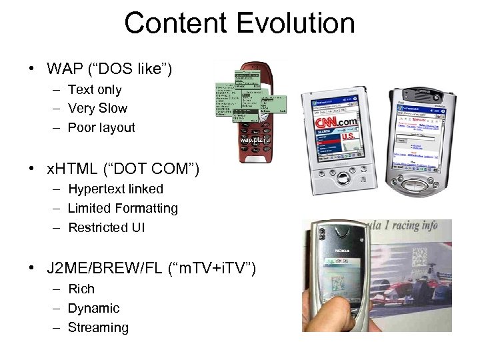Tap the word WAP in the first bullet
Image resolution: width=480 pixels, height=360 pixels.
65,69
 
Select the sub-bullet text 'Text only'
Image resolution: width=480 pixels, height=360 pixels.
95,89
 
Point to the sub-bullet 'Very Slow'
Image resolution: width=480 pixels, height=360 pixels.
97,108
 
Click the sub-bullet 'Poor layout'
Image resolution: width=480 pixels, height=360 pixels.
101,127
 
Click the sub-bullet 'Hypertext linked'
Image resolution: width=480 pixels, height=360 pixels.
115,189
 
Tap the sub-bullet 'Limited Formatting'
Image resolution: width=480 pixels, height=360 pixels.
123,208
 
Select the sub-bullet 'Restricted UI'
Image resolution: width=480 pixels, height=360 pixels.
106,227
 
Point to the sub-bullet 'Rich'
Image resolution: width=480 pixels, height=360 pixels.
81,289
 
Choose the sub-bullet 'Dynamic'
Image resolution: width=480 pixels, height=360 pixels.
93,308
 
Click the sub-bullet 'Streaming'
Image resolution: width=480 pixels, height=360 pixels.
98,327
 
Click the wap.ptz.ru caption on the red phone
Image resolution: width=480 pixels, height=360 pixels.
256,141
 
